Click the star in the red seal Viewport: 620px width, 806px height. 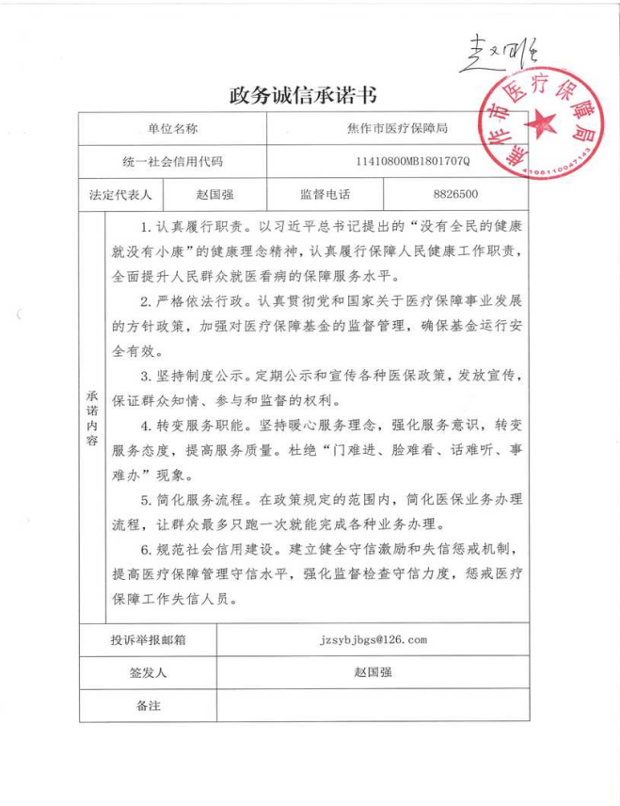point(544,122)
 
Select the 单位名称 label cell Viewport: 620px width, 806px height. point(171,128)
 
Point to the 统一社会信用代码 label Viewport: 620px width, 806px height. point(171,161)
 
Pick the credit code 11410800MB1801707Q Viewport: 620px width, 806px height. point(411,161)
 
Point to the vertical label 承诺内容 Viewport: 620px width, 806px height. point(92,418)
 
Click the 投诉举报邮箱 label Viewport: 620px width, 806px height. point(147,640)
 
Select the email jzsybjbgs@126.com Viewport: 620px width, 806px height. point(374,640)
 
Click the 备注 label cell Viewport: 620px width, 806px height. point(147,705)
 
